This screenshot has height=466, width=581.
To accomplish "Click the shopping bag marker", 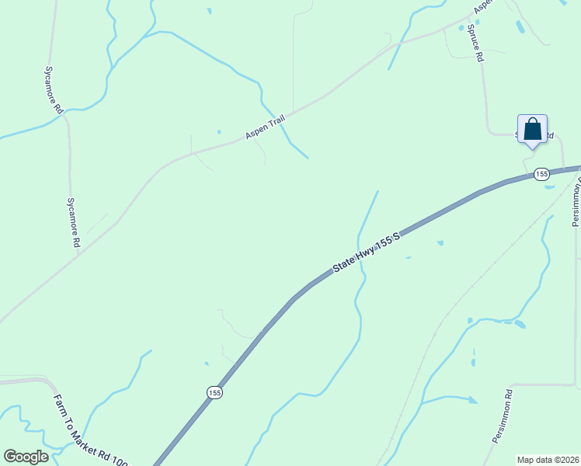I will point(532,129).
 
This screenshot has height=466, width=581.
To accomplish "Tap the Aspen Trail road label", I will point(266,127).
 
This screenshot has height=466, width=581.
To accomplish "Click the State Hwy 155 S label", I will point(367,251).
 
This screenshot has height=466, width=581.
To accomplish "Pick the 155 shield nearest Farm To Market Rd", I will point(214,393).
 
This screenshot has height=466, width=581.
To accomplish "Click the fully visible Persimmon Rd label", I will point(503,416).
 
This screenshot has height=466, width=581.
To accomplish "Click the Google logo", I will point(26,457).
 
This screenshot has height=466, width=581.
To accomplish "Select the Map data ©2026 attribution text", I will point(548,459).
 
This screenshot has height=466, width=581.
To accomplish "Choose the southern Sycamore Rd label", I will point(73,222).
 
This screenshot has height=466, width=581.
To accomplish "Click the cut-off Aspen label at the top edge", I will point(483,6).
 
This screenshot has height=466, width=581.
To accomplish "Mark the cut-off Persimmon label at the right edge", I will point(576,203).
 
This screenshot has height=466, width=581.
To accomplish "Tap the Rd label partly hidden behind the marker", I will point(548,136).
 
